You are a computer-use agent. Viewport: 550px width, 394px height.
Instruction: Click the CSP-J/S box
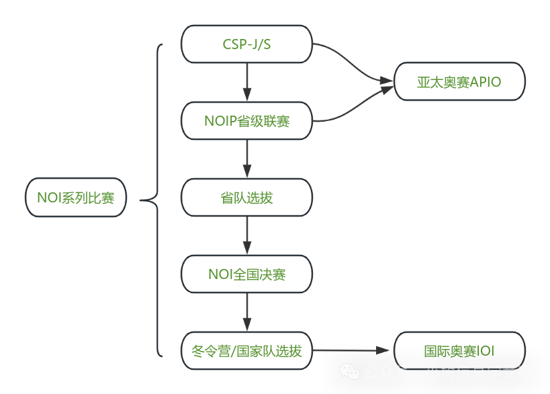pos(246,44)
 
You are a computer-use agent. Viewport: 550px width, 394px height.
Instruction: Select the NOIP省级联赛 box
pos(246,121)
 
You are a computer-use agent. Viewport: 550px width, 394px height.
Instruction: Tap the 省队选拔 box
pos(246,198)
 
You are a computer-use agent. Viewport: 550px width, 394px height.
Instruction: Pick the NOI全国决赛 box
pos(246,274)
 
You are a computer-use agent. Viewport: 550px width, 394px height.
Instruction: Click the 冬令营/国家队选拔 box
pos(246,350)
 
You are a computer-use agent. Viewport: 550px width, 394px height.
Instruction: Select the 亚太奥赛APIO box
pos(459,82)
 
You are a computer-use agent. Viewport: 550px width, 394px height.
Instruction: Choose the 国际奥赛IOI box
pos(459,350)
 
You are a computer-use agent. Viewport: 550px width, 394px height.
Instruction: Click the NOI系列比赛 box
pos(76,198)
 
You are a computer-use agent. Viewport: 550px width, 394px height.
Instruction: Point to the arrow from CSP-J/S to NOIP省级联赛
pos(247,82)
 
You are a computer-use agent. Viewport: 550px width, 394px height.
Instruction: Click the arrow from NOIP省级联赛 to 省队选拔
pos(247,159)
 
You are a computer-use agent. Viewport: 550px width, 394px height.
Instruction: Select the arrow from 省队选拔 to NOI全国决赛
pos(247,235)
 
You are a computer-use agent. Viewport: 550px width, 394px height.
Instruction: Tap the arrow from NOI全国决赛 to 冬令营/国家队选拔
pos(247,312)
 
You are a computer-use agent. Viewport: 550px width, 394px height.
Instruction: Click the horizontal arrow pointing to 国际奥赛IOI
pos(353,350)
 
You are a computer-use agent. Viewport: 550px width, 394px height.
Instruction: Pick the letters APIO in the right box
pos(485,82)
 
